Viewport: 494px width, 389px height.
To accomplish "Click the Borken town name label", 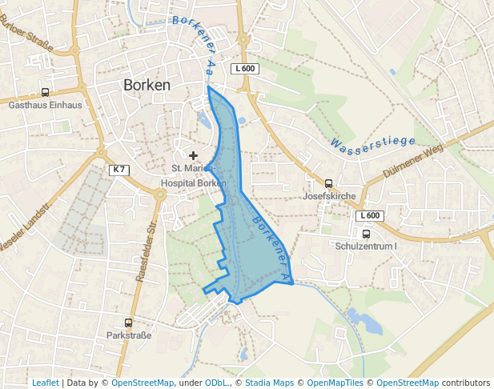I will tap(147, 85).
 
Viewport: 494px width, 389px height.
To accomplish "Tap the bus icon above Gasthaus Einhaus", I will tap(45, 93).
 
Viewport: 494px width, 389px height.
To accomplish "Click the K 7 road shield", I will tap(118, 170).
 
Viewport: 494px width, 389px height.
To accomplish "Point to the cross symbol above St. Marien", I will tap(193, 155).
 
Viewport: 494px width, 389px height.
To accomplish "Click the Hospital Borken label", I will tap(193, 182).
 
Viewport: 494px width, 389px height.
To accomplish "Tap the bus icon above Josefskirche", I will tap(328, 183).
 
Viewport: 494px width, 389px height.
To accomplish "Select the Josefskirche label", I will tap(329, 195).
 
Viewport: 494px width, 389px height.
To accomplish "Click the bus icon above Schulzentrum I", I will tap(366, 235).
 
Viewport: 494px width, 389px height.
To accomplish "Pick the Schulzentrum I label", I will tap(366, 246).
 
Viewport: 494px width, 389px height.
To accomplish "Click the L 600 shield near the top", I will tap(245, 69).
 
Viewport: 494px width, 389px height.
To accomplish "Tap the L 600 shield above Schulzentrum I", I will tap(370, 215).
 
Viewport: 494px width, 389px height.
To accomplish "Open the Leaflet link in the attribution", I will tap(45, 383).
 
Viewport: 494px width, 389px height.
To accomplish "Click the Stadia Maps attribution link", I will tap(269, 383).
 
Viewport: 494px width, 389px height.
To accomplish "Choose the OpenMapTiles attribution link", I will tap(335, 383).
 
